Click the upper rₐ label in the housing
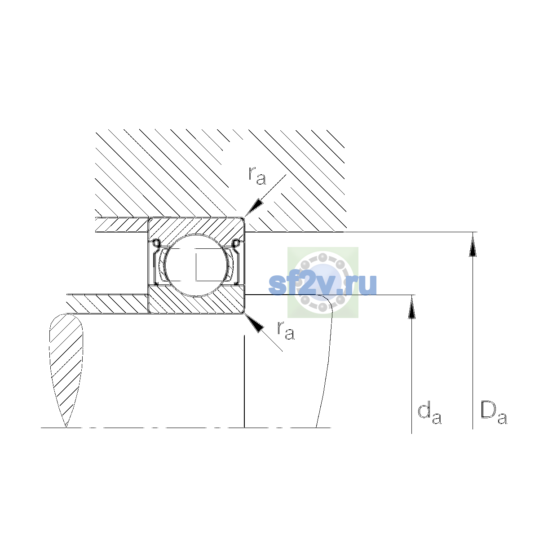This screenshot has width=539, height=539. pyautogui.click(x=257, y=176)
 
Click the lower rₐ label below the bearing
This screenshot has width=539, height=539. pyautogui.click(x=286, y=331)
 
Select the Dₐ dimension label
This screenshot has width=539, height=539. pyautogui.click(x=494, y=413)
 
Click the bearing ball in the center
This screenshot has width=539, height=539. pyautogui.click(x=197, y=265)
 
